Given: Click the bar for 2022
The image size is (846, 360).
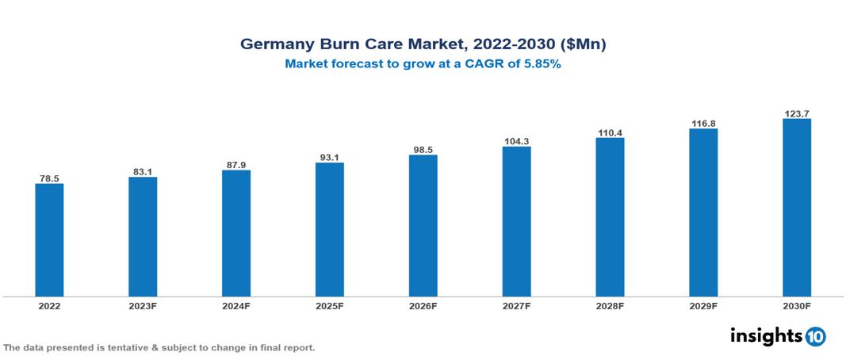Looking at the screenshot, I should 49,240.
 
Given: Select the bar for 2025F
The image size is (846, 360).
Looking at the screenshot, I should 329,230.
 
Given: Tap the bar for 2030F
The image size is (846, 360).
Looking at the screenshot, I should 796,208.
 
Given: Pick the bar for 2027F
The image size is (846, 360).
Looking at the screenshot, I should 516,222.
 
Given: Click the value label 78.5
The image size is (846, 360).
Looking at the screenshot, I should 49,178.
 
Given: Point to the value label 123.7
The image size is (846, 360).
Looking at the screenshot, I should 796,113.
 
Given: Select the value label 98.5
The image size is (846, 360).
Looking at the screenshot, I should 423,149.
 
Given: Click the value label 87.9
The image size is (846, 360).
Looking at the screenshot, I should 236,164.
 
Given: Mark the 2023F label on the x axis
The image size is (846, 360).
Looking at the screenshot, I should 143,305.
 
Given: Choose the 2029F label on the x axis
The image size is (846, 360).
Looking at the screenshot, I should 703,305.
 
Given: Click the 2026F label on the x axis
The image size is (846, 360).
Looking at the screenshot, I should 423,305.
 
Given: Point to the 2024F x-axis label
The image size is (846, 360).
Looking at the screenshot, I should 236,305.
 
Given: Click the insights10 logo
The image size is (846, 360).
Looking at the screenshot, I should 777,336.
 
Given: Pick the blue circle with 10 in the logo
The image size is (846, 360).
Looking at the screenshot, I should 815,337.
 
